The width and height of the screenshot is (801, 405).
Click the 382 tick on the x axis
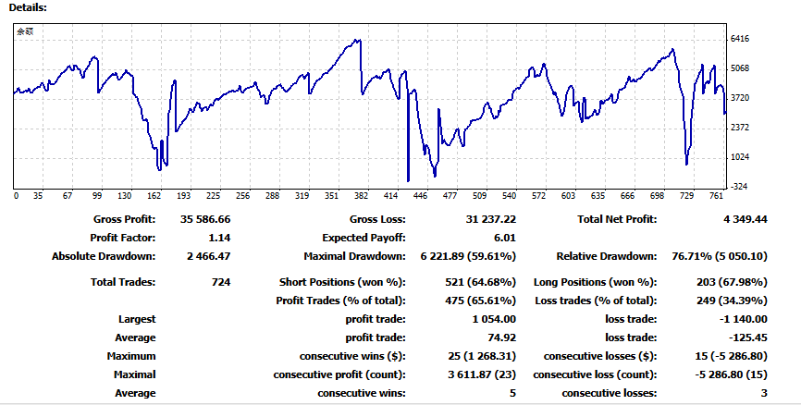(361, 196)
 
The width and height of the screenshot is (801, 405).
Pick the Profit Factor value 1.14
(219, 238)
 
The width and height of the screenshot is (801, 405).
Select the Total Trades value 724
(219, 281)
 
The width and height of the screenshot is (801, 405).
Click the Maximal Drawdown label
(355, 256)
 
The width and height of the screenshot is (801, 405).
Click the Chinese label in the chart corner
(26, 31)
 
